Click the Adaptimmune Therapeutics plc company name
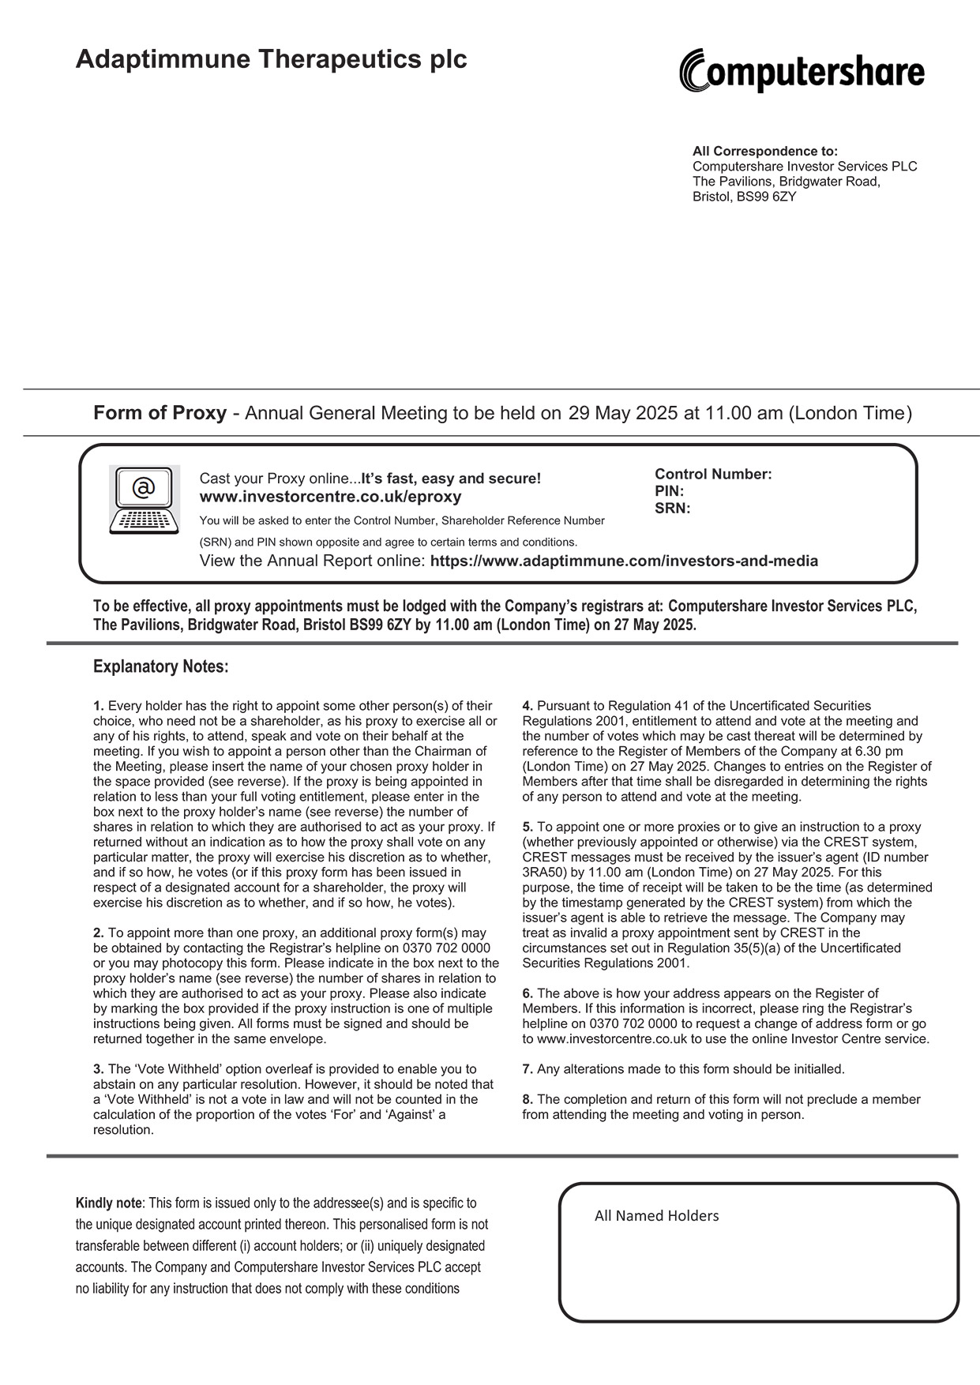point(271,59)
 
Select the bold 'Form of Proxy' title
point(160,413)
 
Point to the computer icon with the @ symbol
point(144,499)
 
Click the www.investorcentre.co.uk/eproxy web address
point(330,497)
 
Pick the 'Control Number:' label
point(712,475)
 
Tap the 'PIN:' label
point(669,491)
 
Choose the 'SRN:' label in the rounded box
point(672,509)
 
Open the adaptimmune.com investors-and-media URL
point(624,561)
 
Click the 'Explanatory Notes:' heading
point(160,666)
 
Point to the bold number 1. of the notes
point(98,706)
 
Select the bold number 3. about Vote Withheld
point(98,1069)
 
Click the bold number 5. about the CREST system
point(528,827)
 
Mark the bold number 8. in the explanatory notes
point(528,1099)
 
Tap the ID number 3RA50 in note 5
point(542,873)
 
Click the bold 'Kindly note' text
point(108,1203)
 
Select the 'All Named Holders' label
point(656,1216)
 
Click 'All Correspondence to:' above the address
point(764,151)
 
